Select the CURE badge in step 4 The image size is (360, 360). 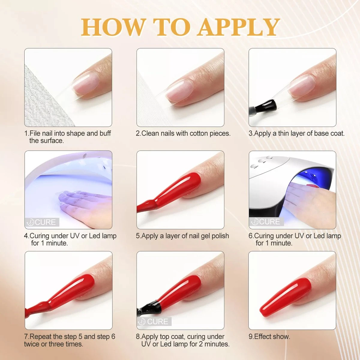click(x=42, y=222)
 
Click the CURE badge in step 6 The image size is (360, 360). click(x=266, y=222)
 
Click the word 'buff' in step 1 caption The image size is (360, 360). click(x=105, y=133)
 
